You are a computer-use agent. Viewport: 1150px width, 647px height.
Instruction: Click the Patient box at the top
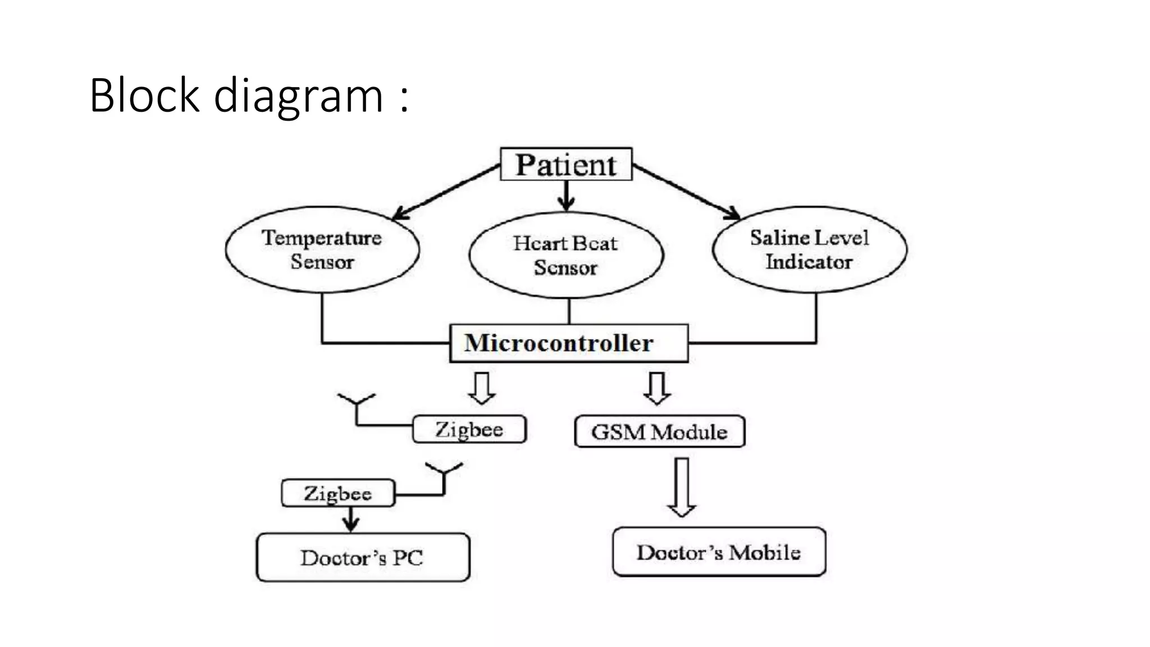[566, 164]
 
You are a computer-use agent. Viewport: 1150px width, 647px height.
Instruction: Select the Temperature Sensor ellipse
[322, 249]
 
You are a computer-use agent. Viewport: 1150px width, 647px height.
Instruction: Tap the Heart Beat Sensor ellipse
[566, 255]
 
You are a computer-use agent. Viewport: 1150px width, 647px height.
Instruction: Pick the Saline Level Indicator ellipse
[809, 249]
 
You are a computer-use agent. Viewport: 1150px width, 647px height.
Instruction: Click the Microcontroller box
[568, 343]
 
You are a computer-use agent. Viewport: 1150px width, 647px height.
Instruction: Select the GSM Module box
[659, 431]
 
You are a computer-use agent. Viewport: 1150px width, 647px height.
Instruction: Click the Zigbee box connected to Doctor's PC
[337, 493]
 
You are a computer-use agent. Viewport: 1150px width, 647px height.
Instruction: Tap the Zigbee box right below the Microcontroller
[469, 430]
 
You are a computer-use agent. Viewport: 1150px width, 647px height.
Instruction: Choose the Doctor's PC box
[363, 557]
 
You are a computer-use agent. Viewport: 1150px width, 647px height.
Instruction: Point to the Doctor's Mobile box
[719, 552]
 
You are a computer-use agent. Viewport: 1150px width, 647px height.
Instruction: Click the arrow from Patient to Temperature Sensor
[446, 192]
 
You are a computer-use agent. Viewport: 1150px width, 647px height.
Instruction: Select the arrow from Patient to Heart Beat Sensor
[567, 195]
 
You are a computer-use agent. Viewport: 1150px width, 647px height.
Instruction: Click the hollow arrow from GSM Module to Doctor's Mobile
[682, 486]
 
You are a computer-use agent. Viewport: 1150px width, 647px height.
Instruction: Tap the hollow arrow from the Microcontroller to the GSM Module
[657, 388]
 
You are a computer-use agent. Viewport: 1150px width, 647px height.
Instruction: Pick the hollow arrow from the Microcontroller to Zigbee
[482, 388]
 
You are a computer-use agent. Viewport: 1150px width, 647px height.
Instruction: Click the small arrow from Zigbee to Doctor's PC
[351, 519]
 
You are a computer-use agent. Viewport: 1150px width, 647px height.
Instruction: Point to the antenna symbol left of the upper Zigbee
[357, 408]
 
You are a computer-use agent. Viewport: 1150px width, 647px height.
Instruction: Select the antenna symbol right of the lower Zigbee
[444, 476]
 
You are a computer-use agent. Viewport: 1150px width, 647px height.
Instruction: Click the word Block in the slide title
[144, 95]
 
